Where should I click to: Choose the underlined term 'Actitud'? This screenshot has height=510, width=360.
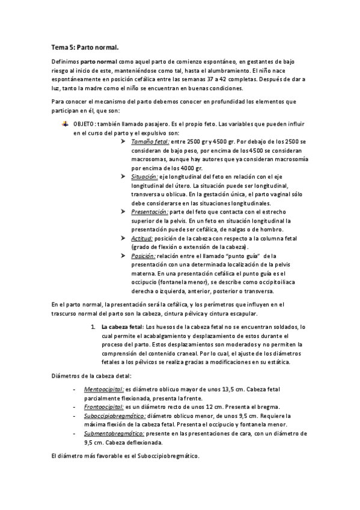pyautogui.click(x=142, y=238)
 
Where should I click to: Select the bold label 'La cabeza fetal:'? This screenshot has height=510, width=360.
pyautogui.click(x=123, y=326)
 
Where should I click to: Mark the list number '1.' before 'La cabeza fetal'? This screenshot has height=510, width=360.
pyautogui.click(x=93, y=326)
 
